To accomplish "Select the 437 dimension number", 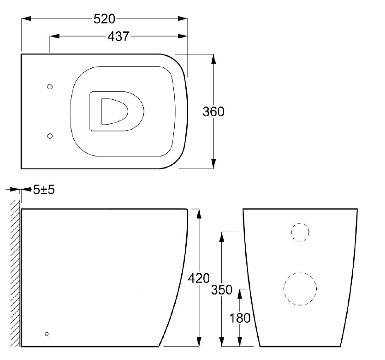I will click(118, 36).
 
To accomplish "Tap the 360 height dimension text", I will click(213, 112).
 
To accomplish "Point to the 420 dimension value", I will click(199, 278).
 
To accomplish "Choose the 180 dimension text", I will click(239, 318).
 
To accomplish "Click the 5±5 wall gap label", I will click(44, 189).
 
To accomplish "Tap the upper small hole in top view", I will click(50, 86).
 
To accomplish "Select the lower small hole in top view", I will click(50, 136).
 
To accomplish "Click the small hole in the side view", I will click(46, 333).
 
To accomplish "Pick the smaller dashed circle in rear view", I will click(300, 232).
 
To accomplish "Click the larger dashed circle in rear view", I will click(300, 288).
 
